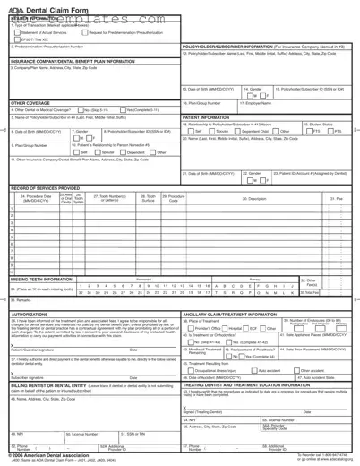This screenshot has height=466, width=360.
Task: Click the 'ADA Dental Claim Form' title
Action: point(43,6)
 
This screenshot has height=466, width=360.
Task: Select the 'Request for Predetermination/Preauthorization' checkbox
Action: point(83,32)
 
